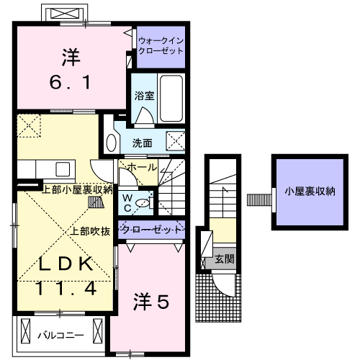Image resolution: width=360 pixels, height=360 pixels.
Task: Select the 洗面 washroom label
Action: click(142, 143)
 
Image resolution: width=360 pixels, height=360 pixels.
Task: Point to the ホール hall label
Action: click(141, 166)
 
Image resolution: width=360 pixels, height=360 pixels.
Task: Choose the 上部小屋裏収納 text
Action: click(76, 189)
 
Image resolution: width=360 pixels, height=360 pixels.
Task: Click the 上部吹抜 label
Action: click(90, 231)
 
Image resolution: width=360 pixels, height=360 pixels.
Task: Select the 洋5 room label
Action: click(150, 303)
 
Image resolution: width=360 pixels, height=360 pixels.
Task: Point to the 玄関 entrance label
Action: click(224, 259)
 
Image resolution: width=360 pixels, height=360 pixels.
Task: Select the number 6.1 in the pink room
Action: click(70, 83)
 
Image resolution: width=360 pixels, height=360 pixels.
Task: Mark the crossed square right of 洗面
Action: click(176, 140)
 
